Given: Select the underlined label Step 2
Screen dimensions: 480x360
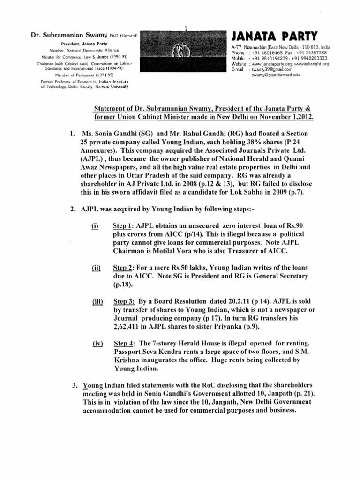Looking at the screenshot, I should (123, 268).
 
